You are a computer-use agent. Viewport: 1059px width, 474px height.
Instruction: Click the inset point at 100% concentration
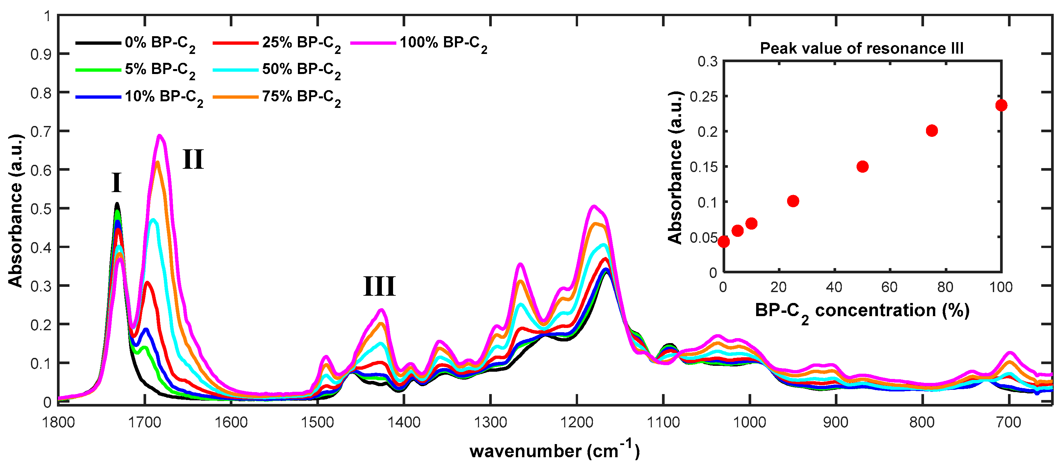point(1001,106)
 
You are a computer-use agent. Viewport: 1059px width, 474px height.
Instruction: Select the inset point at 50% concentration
point(862,166)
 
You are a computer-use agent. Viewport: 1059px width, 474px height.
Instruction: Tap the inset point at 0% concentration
point(724,241)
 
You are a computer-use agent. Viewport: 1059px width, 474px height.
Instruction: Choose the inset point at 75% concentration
point(932,131)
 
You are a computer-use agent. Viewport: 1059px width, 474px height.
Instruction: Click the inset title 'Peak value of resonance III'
point(861,48)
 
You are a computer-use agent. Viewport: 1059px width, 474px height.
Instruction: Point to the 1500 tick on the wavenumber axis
point(317,422)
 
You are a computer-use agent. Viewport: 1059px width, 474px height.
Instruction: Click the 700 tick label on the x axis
point(1008,422)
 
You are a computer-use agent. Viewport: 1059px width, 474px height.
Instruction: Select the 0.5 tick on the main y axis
point(41,209)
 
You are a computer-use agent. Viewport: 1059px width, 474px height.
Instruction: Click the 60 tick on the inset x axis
point(889,287)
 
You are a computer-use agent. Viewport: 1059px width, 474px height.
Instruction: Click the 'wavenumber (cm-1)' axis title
point(554,451)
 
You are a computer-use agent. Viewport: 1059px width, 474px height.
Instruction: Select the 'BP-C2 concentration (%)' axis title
point(862,311)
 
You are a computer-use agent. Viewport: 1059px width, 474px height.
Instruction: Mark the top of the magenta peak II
point(160,135)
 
